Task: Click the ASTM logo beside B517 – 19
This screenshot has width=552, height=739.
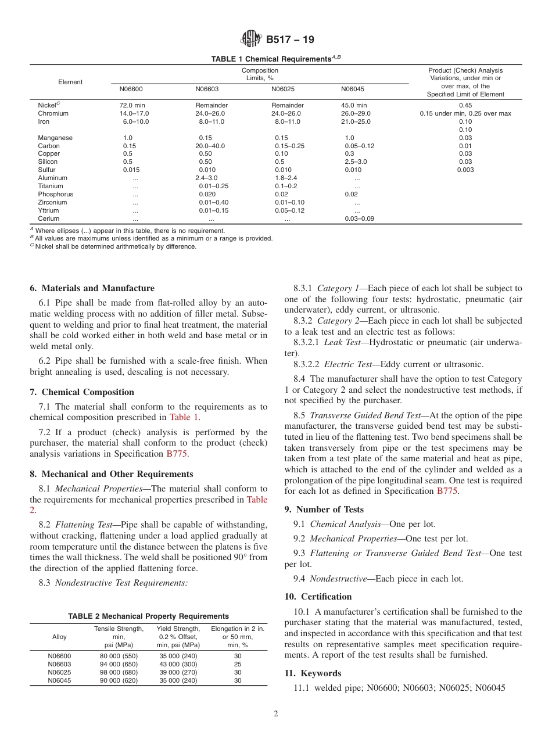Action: pyautogui.click(x=251, y=40)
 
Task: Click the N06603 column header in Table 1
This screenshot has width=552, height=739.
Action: pyautogui.click(x=207, y=89)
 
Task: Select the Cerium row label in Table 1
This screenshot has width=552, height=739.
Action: pyautogui.click(x=48, y=219)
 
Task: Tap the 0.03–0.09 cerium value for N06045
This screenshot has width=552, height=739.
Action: pyautogui.click(x=360, y=219)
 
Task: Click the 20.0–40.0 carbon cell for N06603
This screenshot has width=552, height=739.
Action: pyautogui.click(x=210, y=146)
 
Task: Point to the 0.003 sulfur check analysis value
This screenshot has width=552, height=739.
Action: pyautogui.click(x=465, y=170)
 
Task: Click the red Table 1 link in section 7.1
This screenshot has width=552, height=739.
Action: pyautogui.click(x=184, y=417)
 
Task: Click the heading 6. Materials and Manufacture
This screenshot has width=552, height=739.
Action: pyautogui.click(x=92, y=288)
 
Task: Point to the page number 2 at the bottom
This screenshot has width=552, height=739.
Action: pyautogui.click(x=276, y=714)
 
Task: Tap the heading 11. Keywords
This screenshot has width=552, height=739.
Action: pyautogui.click(x=313, y=673)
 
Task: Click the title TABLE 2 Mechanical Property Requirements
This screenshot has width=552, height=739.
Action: pyautogui.click(x=148, y=616)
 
